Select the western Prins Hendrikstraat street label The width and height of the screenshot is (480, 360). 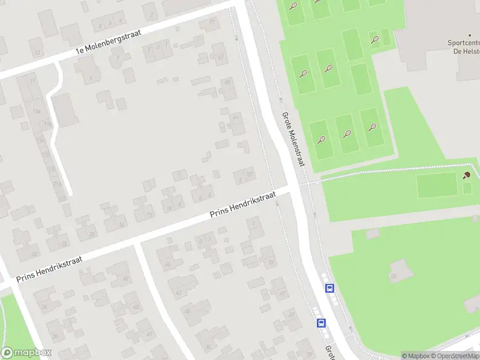point(49,266)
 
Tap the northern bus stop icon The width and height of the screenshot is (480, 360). point(330,289)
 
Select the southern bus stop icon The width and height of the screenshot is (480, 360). point(322,323)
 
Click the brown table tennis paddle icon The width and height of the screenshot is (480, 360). point(467,175)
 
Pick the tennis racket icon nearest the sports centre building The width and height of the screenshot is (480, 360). point(375,40)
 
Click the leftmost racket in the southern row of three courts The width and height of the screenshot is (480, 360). point(322,140)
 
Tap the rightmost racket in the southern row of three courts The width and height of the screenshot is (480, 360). point(373,127)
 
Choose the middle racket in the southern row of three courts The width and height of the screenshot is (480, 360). point(347,133)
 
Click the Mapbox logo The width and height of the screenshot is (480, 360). point(26,353)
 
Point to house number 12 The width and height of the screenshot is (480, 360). point(38,53)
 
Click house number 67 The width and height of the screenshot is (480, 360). point(221,58)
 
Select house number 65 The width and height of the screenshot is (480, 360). point(227,82)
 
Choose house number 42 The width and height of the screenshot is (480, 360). point(178,292)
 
